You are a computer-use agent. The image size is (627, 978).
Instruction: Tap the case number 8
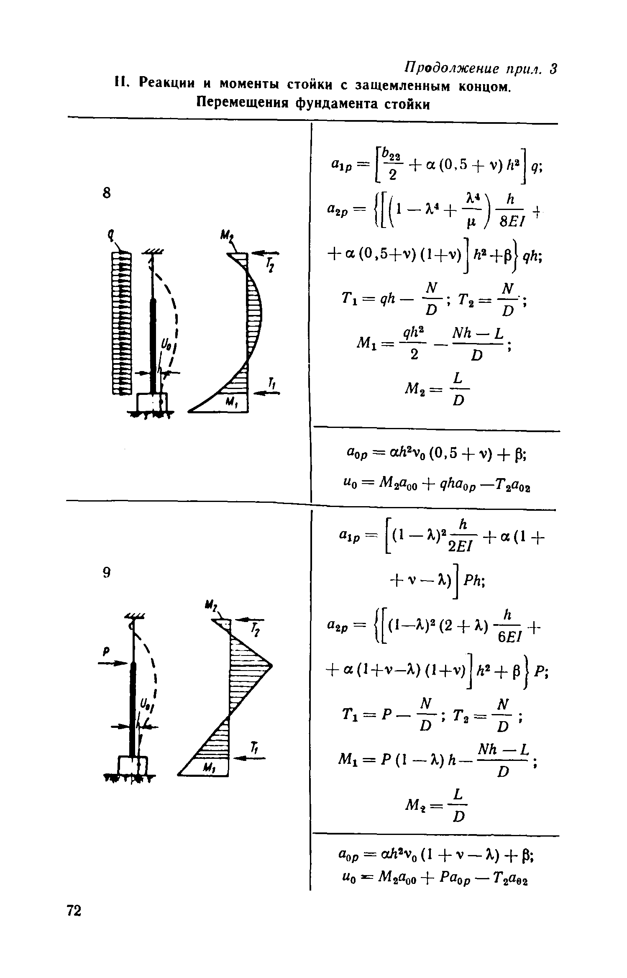(x=107, y=193)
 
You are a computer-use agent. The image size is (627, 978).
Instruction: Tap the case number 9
(x=107, y=573)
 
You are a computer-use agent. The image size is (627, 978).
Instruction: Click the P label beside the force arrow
(x=106, y=651)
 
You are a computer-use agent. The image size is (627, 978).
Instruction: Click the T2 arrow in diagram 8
(x=266, y=253)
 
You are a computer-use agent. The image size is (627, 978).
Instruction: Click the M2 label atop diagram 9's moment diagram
(x=210, y=606)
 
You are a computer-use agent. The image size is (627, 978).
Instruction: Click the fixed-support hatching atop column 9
(x=134, y=614)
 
